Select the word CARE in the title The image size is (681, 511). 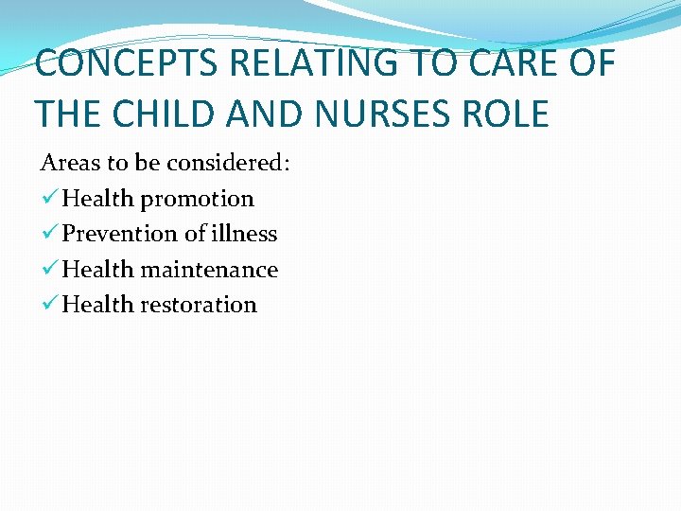point(521,64)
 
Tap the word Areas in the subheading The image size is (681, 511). point(70,163)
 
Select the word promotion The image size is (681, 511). point(198,199)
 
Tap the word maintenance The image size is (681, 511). point(210,270)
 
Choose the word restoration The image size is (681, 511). point(199,305)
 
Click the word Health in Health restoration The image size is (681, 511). point(98,305)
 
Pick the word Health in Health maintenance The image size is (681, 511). point(98,270)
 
